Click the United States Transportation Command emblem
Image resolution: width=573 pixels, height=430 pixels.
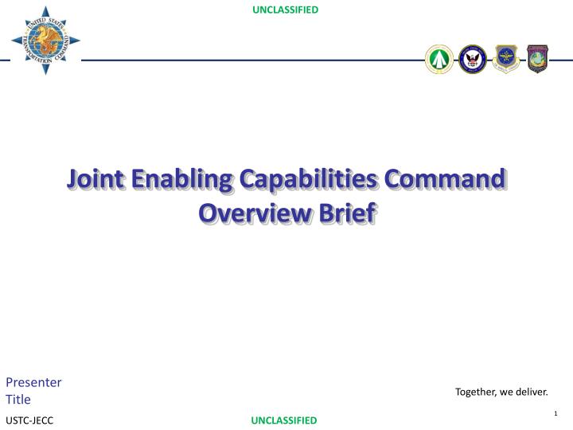[45, 40]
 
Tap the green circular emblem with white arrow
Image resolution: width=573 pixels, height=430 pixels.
[439, 60]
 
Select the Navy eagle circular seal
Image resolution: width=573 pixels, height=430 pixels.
[473, 59]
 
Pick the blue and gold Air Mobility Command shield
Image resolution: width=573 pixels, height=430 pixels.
[506, 59]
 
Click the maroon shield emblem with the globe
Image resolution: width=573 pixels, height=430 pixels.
[538, 59]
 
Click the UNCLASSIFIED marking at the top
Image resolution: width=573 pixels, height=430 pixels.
[285, 10]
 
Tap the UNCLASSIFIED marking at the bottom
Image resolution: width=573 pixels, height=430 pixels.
[284, 420]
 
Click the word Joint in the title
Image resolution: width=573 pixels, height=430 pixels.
[97, 178]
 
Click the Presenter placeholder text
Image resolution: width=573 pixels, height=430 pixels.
[34, 381]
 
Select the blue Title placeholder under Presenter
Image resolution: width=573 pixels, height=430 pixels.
[18, 400]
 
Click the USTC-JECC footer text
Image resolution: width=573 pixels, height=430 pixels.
[29, 420]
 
